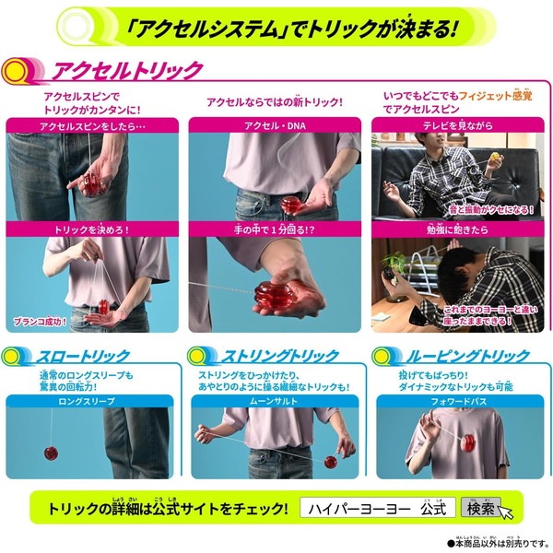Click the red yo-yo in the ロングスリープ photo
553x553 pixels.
(52, 453)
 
